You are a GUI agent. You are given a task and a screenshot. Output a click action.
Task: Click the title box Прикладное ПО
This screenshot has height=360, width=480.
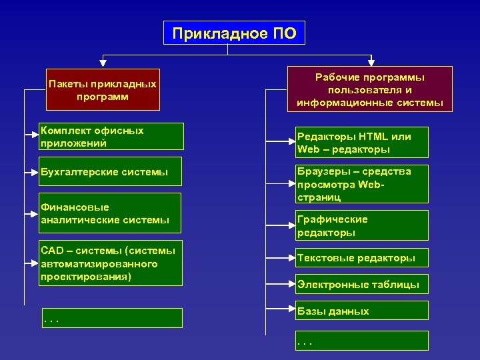point(234,33)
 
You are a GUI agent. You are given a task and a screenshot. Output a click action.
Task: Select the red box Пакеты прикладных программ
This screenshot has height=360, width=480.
point(103,90)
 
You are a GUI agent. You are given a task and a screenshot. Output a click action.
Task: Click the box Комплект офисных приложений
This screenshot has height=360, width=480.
point(110,137)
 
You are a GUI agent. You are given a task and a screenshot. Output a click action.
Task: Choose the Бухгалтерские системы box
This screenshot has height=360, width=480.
point(110,173)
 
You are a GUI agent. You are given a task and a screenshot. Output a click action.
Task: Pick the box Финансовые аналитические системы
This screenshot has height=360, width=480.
point(110,213)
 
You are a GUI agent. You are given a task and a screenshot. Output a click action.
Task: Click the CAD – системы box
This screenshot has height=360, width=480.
point(110,263)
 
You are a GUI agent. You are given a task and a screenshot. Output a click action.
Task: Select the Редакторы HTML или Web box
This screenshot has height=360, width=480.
point(362,142)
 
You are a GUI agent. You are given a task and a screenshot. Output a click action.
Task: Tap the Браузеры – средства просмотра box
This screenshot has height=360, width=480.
point(362,184)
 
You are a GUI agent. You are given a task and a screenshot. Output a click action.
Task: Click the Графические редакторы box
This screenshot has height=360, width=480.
point(362,225)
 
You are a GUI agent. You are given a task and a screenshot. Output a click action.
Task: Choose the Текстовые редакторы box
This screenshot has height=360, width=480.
point(362,258)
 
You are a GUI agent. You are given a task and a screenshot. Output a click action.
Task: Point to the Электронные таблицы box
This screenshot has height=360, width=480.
point(362,285)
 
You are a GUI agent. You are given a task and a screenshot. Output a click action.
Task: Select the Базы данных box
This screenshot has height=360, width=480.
point(362,311)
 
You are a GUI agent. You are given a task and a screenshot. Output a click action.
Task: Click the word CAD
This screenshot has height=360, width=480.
point(51,251)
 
